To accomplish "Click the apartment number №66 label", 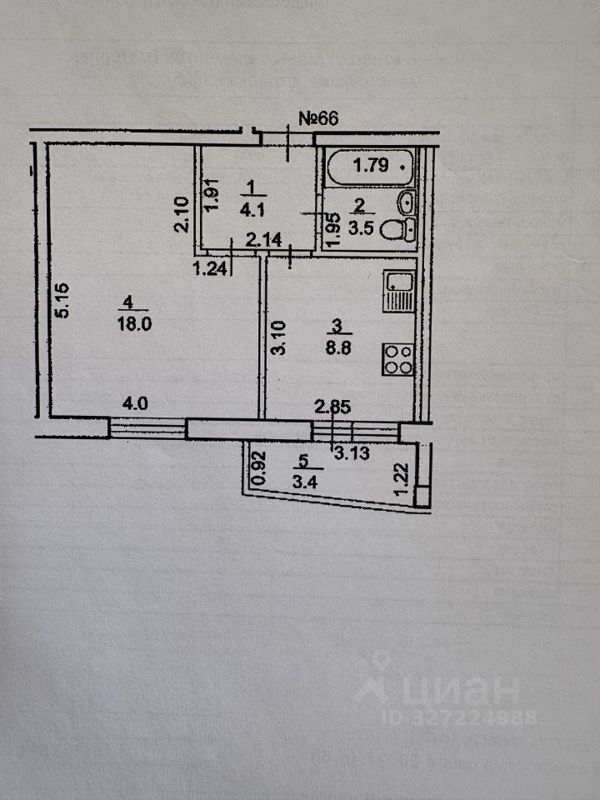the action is click(x=317, y=118).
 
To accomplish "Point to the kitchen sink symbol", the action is click(x=398, y=292).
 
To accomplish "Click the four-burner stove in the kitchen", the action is click(x=397, y=359).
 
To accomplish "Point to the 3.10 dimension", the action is click(x=280, y=338).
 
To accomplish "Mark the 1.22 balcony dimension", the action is click(x=402, y=481).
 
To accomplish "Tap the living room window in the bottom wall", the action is click(x=147, y=428).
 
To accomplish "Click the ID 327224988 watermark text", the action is click(x=459, y=717).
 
